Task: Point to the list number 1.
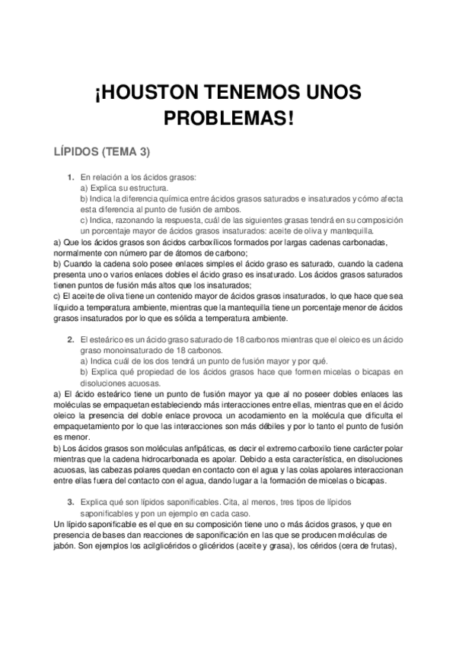coord(71,176)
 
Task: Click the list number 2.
coord(71,339)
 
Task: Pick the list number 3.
coord(71,502)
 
